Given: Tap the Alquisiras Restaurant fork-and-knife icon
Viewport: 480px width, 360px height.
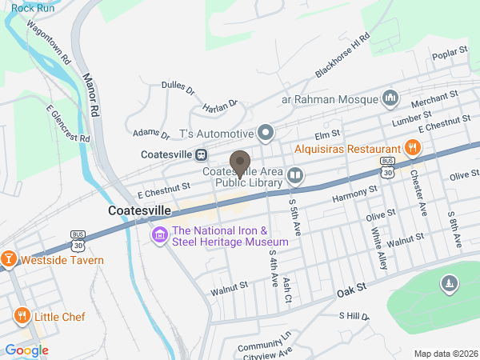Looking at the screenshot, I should coord(413,148).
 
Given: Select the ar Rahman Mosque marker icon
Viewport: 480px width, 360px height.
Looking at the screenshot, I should coord(390,98).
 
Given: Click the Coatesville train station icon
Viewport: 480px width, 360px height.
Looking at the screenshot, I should coord(202,154).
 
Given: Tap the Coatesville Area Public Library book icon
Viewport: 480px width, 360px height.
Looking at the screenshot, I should coord(295,175).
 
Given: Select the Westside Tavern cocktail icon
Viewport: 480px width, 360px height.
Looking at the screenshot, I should coord(9,259).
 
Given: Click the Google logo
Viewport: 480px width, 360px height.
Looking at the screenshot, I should coord(26,350).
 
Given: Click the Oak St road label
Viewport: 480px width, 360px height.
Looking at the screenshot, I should coord(350,286).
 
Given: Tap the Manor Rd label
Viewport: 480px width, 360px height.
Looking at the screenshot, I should coord(90,94).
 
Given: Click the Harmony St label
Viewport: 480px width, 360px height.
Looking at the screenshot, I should coord(354,191).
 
